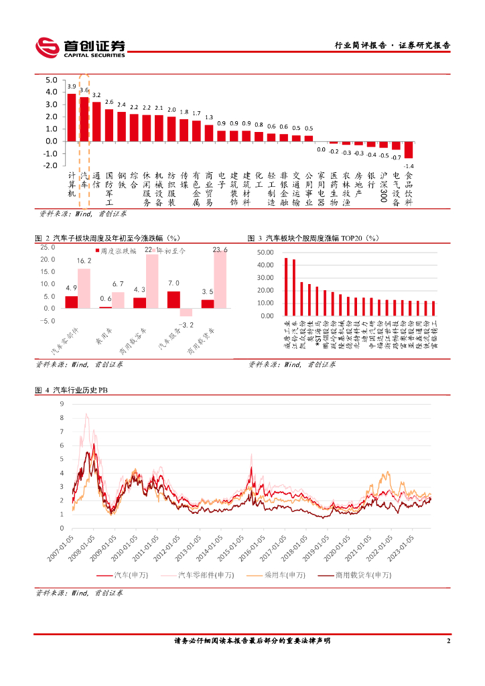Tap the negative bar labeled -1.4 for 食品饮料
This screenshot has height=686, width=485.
coord(409,149)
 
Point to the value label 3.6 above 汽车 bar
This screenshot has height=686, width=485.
coord(84,90)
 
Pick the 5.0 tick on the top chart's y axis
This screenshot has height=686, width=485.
coord(52,80)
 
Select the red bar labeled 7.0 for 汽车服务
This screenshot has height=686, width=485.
coord(174,299)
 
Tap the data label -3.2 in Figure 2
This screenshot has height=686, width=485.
coord(188,325)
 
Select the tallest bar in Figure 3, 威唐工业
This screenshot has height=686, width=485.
coord(286,287)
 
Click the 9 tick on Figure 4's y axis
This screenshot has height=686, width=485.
coord(62,404)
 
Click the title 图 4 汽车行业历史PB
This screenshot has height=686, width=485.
coord(70,391)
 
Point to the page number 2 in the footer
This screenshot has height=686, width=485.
coord(448,641)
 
